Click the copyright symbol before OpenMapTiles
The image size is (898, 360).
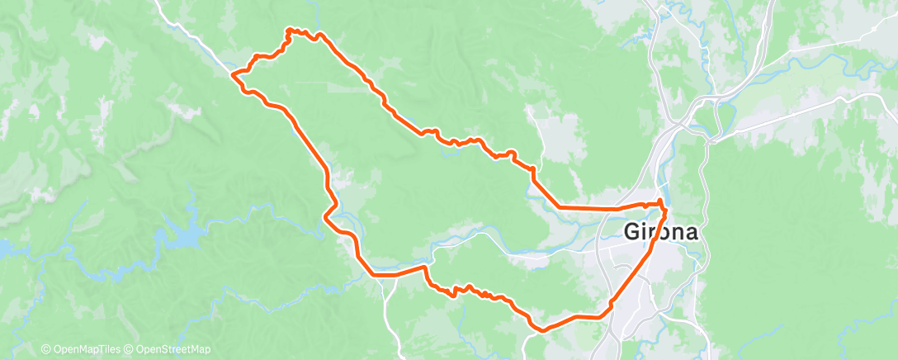pyautogui.click(x=46, y=349)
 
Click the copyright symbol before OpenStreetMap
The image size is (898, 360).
pyautogui.click(x=130, y=349)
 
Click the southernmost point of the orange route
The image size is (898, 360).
pyautogui.click(x=541, y=331)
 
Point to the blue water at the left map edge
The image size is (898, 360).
pyautogui.click(x=4, y=247)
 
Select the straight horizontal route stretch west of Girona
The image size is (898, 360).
pyautogui.click(x=590, y=207)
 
